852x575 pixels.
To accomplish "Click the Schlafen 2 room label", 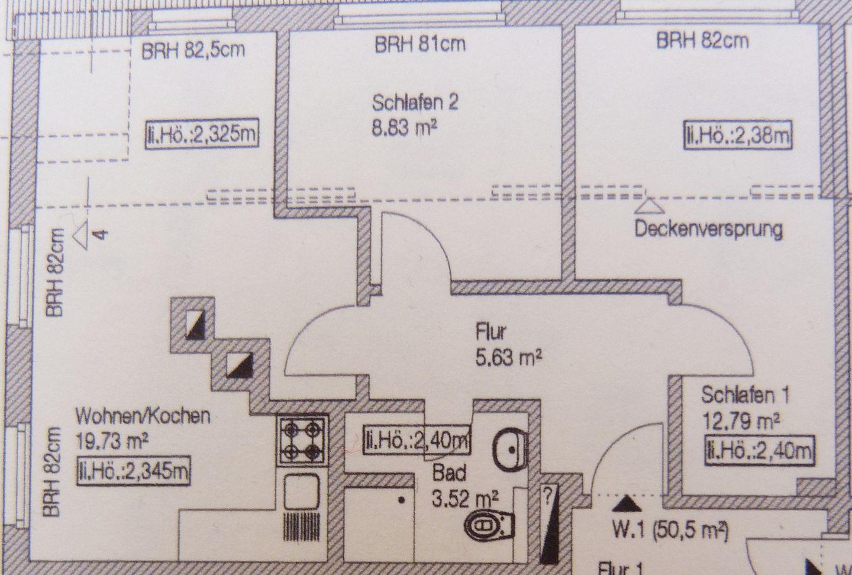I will [415, 103].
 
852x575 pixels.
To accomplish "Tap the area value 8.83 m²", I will [407, 127].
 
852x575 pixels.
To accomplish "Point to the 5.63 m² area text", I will [508, 357].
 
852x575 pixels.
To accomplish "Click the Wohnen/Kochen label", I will [142, 416].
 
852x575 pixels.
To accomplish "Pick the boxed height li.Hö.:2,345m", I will [133, 471].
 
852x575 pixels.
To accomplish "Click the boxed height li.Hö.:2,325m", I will [202, 135].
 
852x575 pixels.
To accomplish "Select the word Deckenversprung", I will [708, 229].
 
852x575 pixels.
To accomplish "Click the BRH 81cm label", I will [419, 44].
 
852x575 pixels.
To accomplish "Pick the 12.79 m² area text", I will [740, 422].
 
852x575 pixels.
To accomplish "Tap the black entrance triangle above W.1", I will [626, 505].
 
